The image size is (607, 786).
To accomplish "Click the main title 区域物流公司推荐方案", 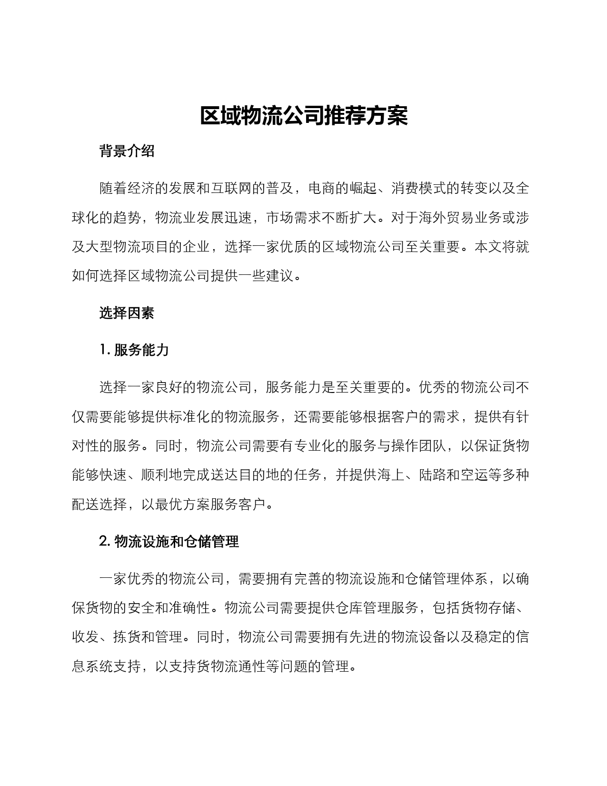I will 303,116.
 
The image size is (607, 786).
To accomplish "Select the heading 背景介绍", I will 127,151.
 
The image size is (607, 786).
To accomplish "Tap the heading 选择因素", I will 127,313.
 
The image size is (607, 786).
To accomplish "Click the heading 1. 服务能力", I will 135,350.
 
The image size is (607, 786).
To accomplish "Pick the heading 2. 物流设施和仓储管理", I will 169,542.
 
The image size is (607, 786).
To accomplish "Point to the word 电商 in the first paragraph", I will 322,189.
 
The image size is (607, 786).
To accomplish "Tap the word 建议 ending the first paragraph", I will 280,276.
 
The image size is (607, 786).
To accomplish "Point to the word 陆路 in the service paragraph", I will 433,475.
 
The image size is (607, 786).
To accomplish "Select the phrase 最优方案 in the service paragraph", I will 183,504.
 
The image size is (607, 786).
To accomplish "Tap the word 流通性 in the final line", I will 245,666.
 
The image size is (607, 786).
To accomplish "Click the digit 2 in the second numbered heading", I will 103,542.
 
